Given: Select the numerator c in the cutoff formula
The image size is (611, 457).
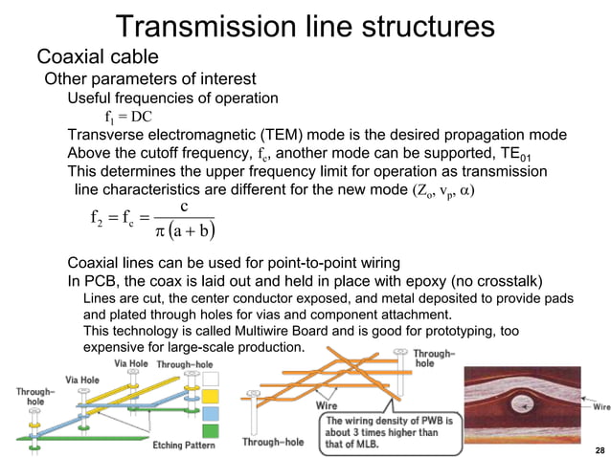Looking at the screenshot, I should tap(183, 207).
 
